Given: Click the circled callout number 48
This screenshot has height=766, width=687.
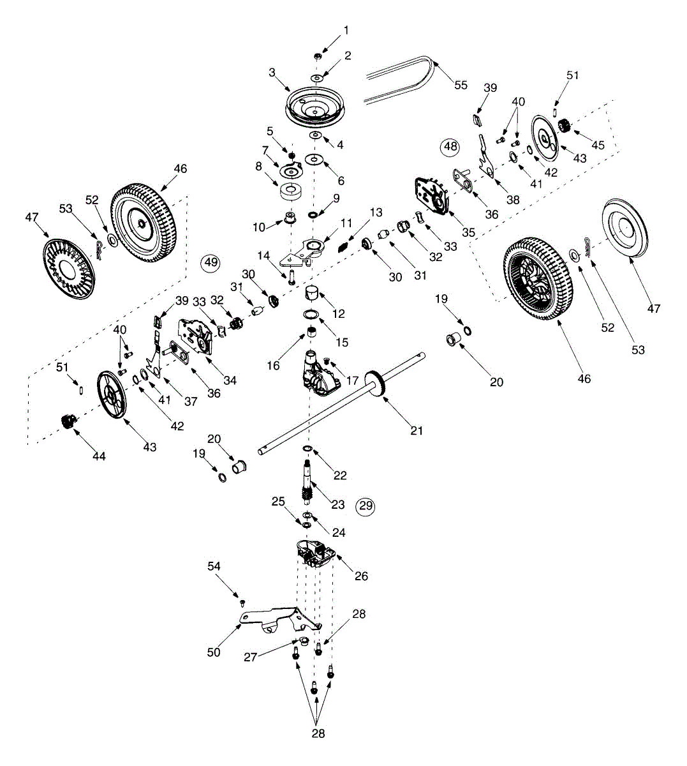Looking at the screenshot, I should tap(450, 146).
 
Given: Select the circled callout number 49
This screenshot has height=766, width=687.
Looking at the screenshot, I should tap(209, 262).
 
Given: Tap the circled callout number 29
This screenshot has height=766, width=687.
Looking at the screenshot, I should tap(365, 506).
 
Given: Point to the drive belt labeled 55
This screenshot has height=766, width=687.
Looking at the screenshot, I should tap(395, 80).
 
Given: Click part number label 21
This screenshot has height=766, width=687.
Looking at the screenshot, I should tap(417, 431).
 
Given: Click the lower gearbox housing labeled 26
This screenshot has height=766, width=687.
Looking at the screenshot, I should tap(316, 553).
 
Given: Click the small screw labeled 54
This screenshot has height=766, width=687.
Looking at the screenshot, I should tap(242, 601).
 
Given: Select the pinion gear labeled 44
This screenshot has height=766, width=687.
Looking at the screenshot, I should tap(68, 422).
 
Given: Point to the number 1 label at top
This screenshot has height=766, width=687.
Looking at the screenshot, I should tap(346, 30).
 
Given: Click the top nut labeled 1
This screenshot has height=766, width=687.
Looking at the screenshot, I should tap(317, 57).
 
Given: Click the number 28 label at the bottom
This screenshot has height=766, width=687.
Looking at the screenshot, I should tap(318, 733).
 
